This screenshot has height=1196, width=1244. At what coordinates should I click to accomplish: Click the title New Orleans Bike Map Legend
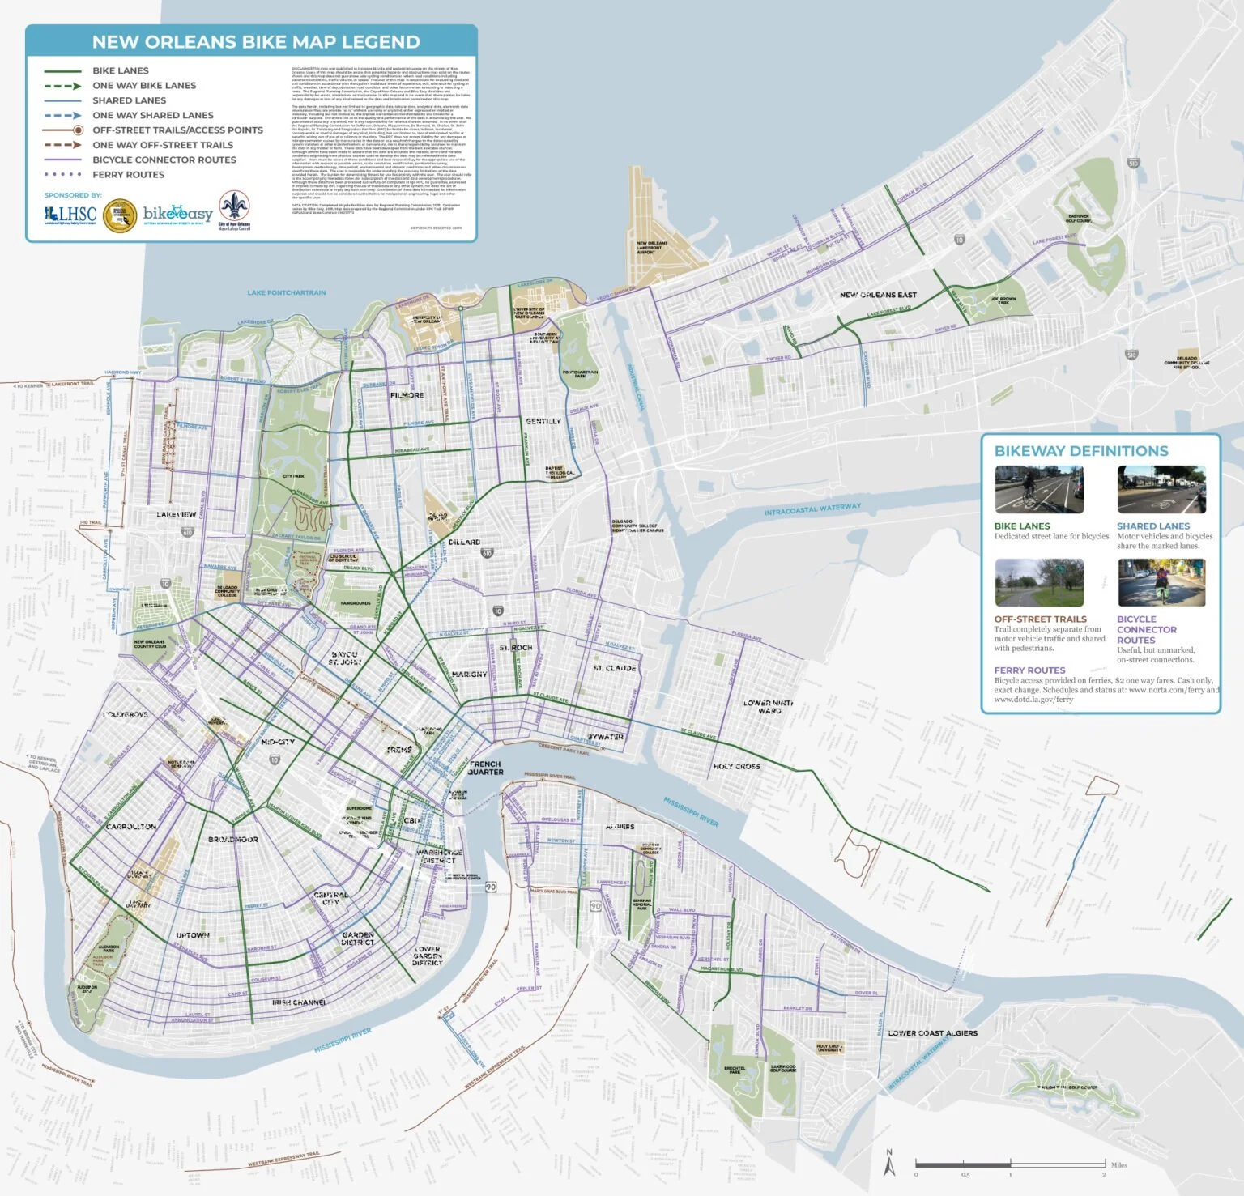coord(255,42)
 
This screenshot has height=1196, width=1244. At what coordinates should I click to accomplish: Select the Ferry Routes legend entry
coord(128,175)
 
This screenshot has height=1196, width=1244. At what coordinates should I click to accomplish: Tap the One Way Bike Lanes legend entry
coord(143,86)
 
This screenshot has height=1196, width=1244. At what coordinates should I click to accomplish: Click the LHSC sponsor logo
coord(70,215)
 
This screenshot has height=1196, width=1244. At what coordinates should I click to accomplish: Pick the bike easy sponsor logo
coord(177,215)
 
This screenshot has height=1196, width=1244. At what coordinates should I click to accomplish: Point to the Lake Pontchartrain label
coord(287,293)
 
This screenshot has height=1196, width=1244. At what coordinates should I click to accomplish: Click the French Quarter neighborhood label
coord(485,768)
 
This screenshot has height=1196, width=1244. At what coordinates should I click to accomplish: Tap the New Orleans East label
coord(878,295)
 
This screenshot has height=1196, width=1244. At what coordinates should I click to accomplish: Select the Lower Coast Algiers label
coord(932,1033)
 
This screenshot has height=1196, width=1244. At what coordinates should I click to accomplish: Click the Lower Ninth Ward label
coord(769,707)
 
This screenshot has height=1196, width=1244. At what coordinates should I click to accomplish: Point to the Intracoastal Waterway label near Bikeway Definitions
coord(812,509)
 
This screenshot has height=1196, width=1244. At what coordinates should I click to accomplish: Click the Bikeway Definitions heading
coord(1081,452)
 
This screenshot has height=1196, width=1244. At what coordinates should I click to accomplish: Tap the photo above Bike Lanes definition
coord(1039,489)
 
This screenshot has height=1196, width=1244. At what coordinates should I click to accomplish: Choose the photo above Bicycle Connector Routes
coord(1161,582)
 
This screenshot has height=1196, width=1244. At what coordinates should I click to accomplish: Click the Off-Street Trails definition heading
coord(1040,619)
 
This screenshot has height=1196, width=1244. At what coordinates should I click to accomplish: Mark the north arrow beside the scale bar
coord(889,1163)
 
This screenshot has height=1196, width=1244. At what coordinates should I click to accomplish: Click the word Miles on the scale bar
coord(1118,1165)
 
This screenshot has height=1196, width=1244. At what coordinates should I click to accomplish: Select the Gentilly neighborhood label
coord(543,422)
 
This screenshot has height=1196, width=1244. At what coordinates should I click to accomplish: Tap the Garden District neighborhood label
coord(357,938)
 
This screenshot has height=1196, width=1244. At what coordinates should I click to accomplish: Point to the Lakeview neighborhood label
coord(176,515)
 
